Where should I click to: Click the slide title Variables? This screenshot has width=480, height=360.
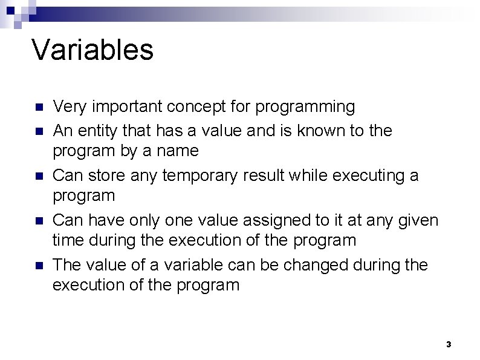click(x=92, y=50)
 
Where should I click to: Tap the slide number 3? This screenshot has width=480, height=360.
click(x=448, y=344)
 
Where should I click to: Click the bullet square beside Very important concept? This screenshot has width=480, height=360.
click(x=37, y=108)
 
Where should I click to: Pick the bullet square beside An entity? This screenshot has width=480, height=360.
click(x=37, y=131)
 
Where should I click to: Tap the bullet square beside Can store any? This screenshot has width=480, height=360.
click(x=37, y=176)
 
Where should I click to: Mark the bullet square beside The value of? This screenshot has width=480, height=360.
click(x=37, y=266)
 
